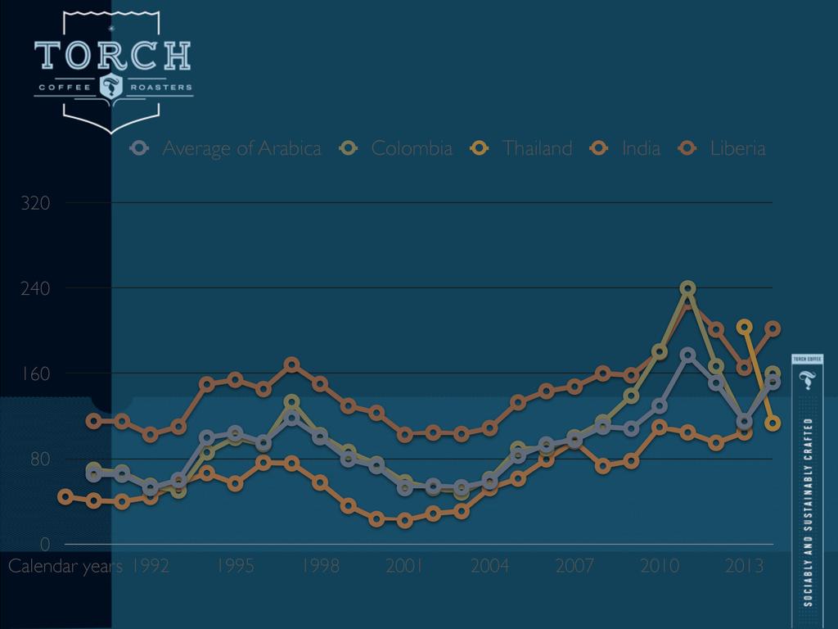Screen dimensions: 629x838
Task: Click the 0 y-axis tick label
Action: coord(47,544)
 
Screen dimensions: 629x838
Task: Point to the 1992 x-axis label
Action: coord(151,566)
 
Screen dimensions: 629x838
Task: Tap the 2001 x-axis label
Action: coord(404,566)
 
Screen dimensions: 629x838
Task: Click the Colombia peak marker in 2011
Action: coord(687,288)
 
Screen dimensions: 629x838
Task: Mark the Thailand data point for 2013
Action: coord(744,327)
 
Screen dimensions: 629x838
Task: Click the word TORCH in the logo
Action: coord(113,56)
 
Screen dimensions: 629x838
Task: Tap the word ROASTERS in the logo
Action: coord(161,87)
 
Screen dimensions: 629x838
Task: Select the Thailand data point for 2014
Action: coord(773,423)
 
